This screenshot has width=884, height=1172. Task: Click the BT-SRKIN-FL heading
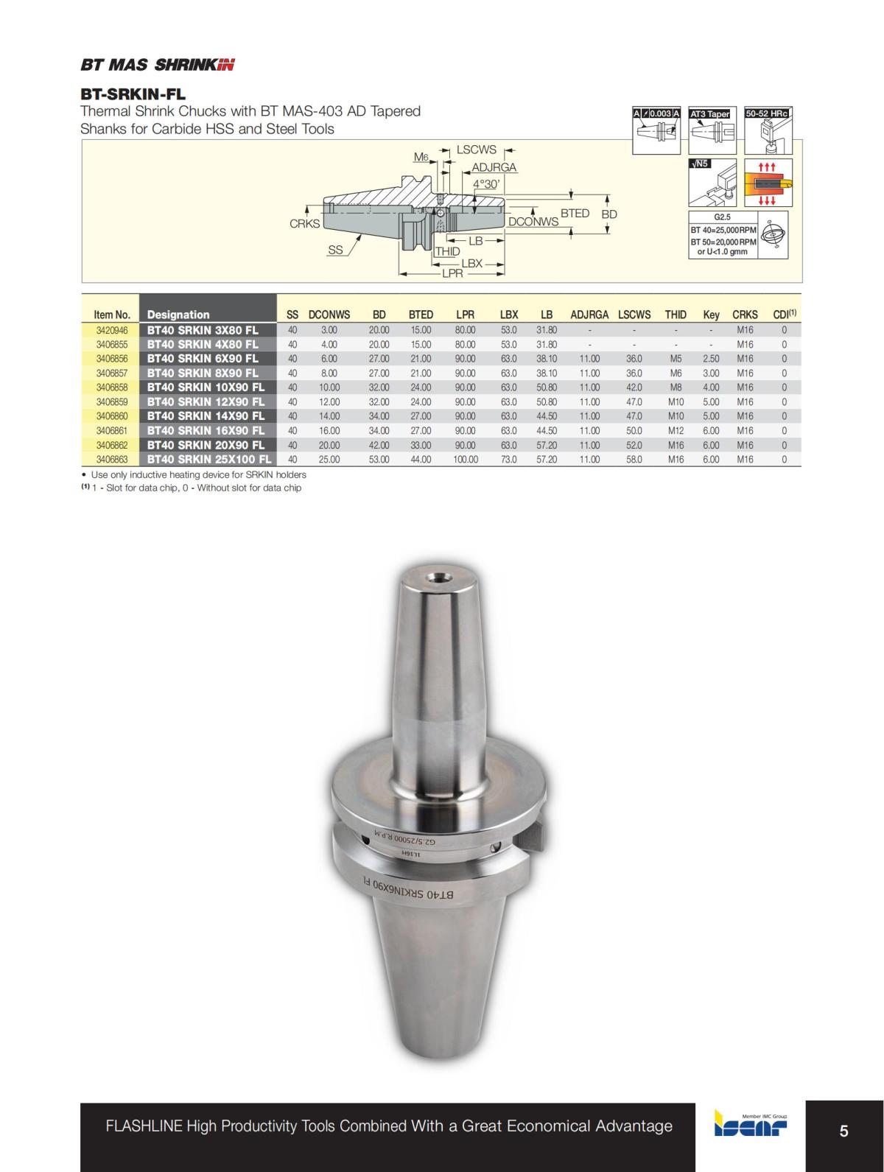click(x=133, y=94)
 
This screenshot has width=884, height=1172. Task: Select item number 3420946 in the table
click(x=112, y=330)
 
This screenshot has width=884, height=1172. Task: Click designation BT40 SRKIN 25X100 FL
click(x=209, y=460)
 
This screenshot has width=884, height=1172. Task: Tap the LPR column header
click(x=465, y=315)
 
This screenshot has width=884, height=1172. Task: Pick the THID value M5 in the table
click(x=676, y=359)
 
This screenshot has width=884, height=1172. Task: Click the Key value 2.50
click(x=710, y=359)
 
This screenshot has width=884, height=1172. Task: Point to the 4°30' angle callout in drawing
click(x=486, y=184)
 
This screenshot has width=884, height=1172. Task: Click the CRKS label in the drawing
click(x=304, y=224)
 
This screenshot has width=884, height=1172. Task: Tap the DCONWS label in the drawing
click(x=533, y=222)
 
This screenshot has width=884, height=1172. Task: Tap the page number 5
click(x=843, y=1131)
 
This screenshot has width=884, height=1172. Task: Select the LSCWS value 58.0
click(x=634, y=460)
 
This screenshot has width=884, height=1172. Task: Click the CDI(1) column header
click(x=784, y=315)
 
